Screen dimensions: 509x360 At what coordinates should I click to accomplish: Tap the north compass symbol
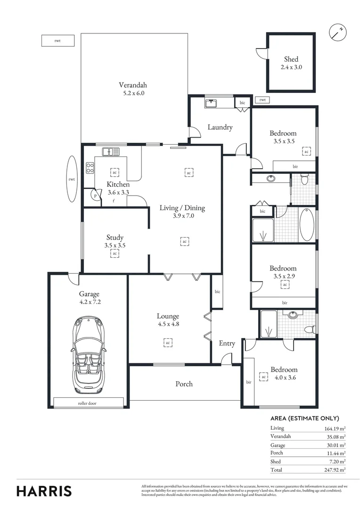click(337, 32)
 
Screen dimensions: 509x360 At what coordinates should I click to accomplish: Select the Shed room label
click(291, 59)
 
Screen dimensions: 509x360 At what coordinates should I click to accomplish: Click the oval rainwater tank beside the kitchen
click(72, 179)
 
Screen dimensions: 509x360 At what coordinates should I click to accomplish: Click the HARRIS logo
click(44, 491)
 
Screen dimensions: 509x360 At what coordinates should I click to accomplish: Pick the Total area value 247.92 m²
click(335, 470)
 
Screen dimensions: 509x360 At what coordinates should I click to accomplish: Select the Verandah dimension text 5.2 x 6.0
click(132, 93)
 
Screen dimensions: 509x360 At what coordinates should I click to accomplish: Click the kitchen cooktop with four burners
click(90, 168)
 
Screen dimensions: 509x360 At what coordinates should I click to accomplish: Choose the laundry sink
click(211, 102)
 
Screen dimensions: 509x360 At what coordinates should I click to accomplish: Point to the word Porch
click(184, 384)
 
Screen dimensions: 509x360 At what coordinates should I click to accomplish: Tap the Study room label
click(115, 238)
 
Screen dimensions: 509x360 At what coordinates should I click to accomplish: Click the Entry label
click(227, 344)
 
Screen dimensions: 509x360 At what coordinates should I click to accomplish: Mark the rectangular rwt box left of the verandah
click(58, 41)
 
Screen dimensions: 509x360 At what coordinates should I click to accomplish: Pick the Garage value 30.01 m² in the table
click(335, 445)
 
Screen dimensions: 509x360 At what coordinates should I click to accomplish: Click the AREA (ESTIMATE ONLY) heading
click(304, 419)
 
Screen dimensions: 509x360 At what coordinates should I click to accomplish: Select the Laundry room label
click(220, 127)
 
